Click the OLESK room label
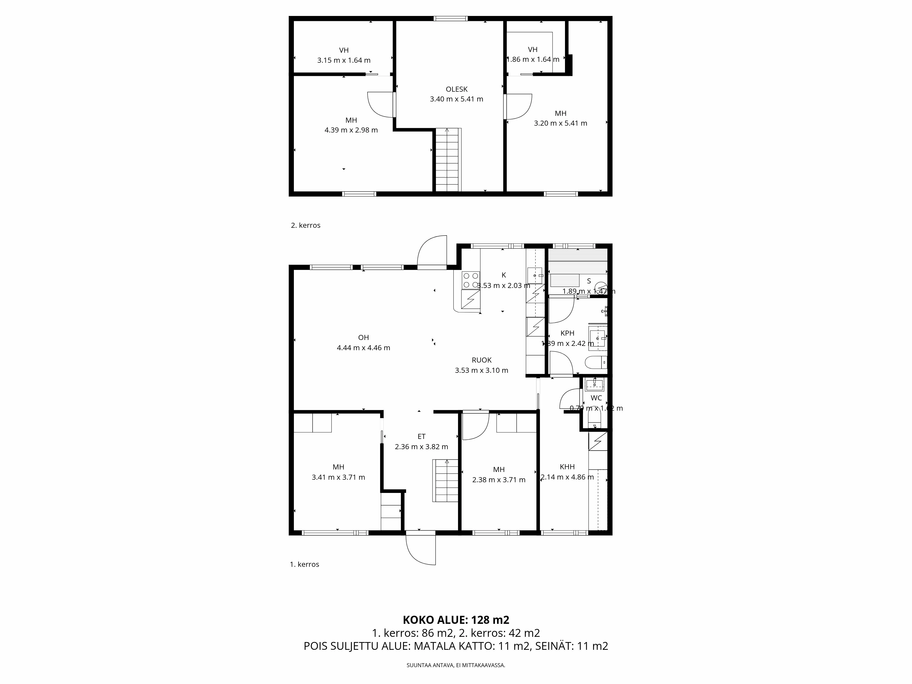click(456, 89)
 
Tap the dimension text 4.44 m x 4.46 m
click(363, 347)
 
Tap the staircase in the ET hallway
click(445, 480)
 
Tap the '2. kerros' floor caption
click(306, 225)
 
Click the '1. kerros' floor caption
click(304, 564)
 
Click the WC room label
click(596, 398)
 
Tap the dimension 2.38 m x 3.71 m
click(498, 479)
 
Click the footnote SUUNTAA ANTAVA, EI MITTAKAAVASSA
click(456, 665)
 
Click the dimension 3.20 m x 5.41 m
click(560, 123)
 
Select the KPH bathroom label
click(567, 333)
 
